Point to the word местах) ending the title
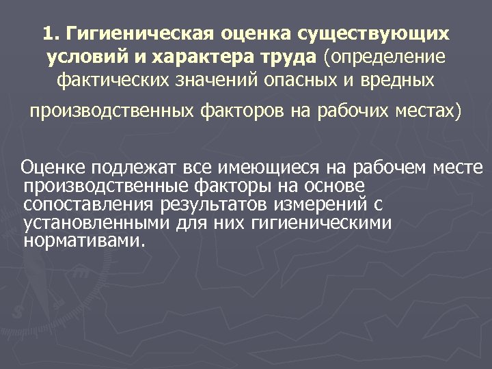pyautogui.click(x=428, y=111)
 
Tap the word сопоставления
pyautogui.click(x=90, y=204)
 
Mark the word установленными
pyautogui.click(x=96, y=223)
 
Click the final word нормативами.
pyautogui.click(x=84, y=241)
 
